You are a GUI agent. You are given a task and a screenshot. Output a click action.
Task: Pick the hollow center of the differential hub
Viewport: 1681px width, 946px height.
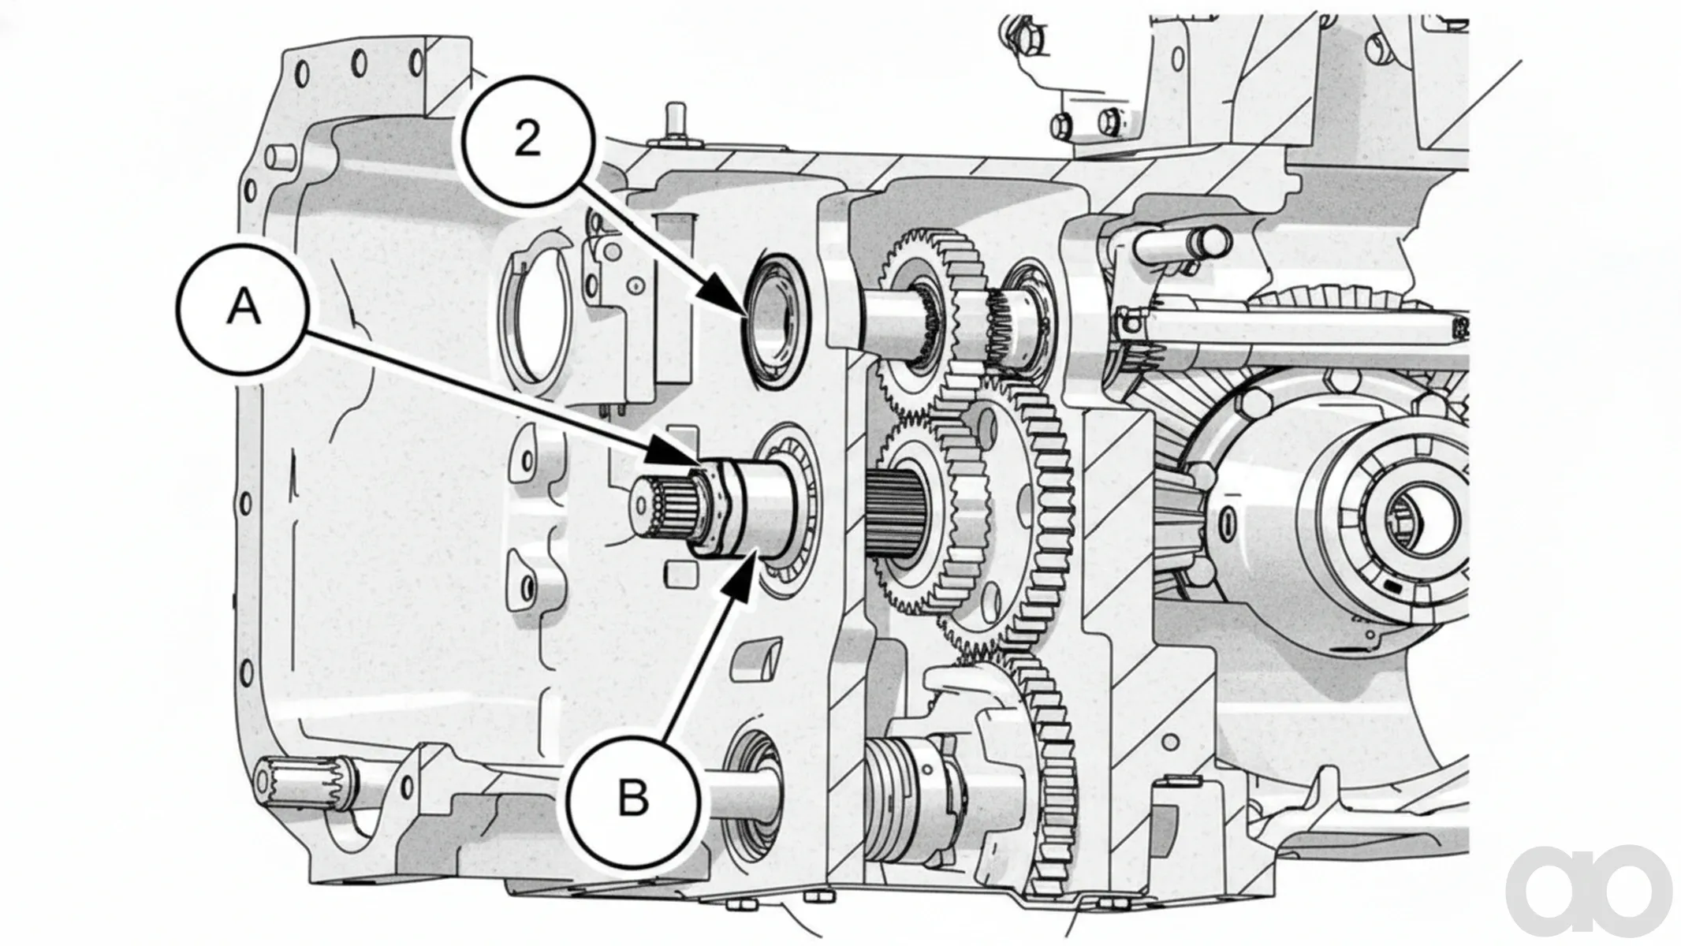coord(1415,517)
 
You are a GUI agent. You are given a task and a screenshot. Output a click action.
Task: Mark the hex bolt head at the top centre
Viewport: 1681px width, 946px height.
coord(1061,125)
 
